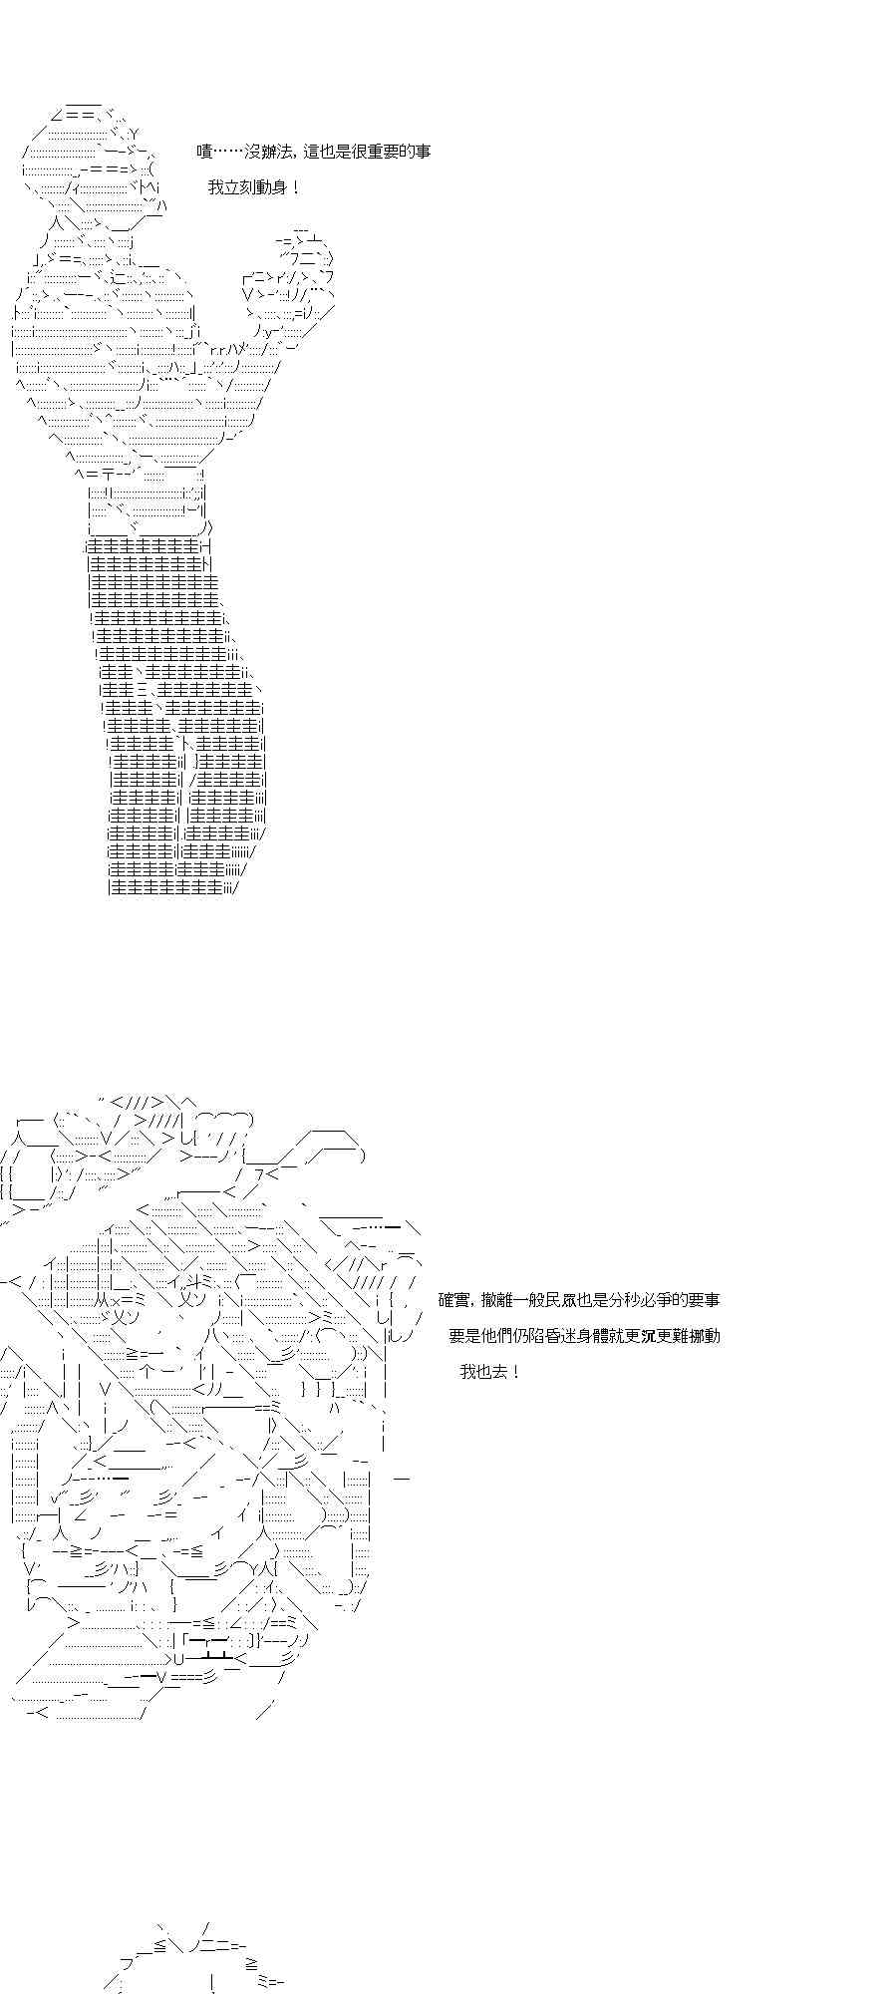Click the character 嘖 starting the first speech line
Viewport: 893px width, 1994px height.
click(x=204, y=152)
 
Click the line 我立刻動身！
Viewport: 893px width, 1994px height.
click(x=253, y=187)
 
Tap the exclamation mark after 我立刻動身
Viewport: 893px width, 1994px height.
click(x=293, y=187)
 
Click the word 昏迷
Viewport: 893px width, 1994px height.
click(x=576, y=1336)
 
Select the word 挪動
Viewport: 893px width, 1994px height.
click(x=704, y=1336)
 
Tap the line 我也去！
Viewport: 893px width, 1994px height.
click(x=490, y=1372)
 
